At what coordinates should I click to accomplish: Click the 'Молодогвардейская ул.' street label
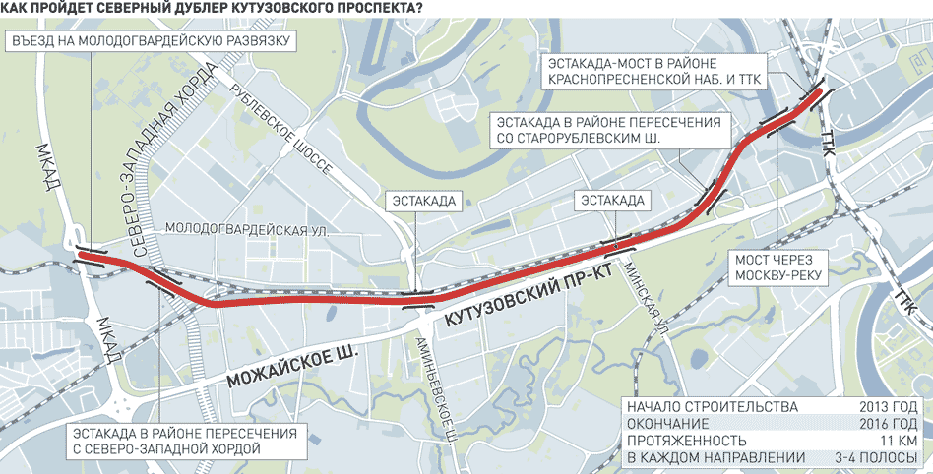click(246, 228)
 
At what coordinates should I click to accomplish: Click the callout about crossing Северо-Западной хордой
click(162, 441)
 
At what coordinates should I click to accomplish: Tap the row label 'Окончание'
click(670, 424)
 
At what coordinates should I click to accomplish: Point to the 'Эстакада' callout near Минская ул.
click(611, 201)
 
